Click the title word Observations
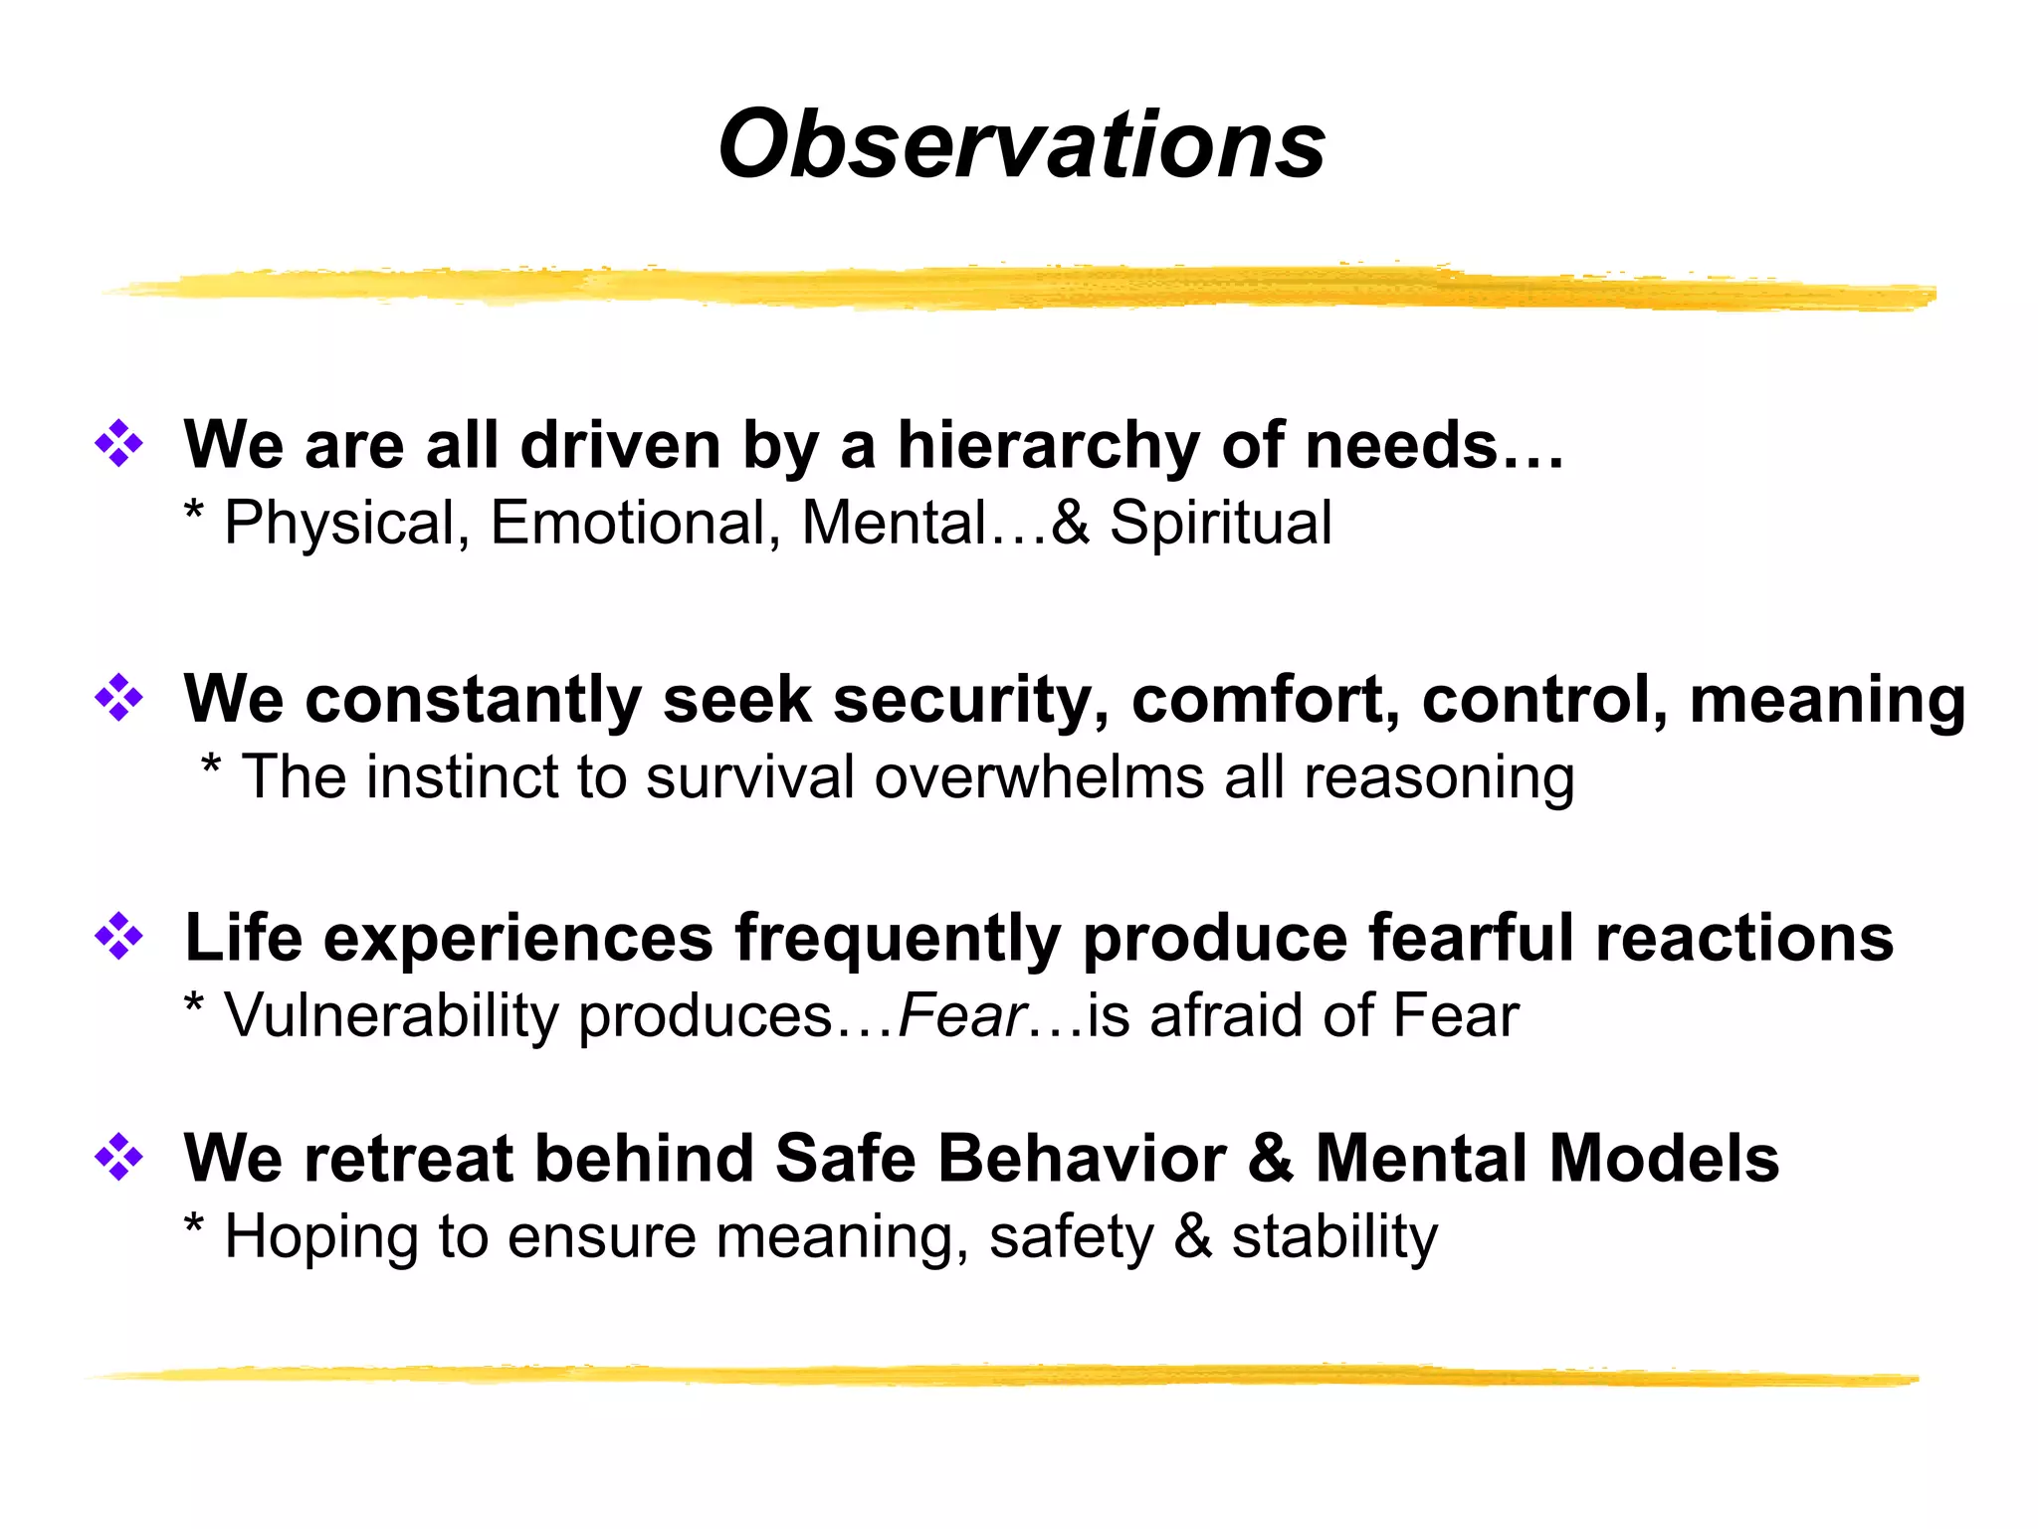click(1021, 145)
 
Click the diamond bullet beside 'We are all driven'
click(118, 443)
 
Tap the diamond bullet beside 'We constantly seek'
click(118, 698)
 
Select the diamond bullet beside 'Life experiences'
click(118, 937)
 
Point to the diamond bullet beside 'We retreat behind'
click(118, 1157)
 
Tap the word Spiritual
click(1220, 523)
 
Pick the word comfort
click(1264, 699)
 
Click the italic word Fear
click(961, 1016)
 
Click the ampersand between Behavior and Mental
click(1271, 1159)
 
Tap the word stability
click(1334, 1237)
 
